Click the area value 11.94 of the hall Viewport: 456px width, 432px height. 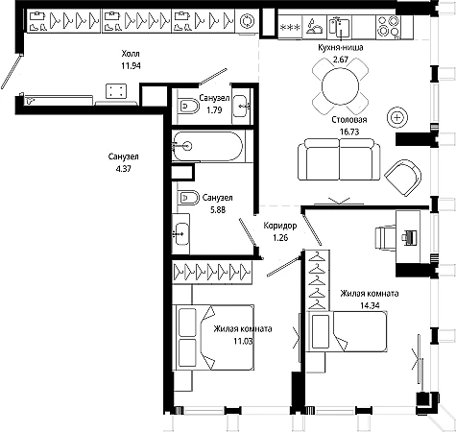point(131,66)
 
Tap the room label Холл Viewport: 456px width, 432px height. point(131,54)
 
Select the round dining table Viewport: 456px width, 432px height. point(340,86)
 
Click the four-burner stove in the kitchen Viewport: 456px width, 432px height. point(389,27)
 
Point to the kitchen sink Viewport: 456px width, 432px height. point(339,28)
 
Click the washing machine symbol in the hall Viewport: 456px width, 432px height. point(247,21)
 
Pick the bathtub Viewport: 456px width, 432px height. point(208,146)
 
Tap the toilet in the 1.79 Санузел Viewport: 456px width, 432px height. point(188,106)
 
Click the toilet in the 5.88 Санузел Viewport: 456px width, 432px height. point(188,198)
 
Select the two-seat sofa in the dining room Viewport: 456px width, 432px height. point(339,159)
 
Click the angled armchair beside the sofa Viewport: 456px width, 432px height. point(403,177)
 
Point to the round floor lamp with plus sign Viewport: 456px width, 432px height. point(397,117)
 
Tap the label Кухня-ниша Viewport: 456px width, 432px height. point(341,48)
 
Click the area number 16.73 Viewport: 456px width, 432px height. point(349,132)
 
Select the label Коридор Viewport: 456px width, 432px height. point(280,226)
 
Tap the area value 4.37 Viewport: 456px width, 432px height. point(124,169)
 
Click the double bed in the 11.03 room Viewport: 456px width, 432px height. point(213,337)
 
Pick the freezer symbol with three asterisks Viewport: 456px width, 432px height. point(290,28)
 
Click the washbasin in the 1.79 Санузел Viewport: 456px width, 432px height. point(240,106)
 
